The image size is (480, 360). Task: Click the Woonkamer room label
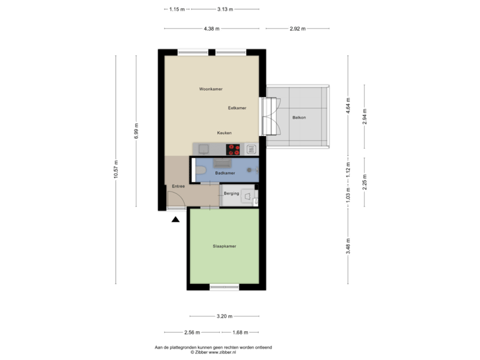click(210, 89)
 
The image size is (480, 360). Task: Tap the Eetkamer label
click(237, 107)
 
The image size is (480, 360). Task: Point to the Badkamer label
click(224, 173)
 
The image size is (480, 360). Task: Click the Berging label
click(231, 193)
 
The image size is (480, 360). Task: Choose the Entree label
click(178, 186)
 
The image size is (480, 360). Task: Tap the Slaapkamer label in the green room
click(225, 246)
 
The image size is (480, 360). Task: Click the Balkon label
click(299, 118)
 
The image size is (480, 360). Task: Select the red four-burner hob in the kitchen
click(233, 149)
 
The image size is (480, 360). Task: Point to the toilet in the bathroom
click(201, 174)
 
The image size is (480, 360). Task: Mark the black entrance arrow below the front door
click(175, 218)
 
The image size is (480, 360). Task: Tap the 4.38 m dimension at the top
click(212, 29)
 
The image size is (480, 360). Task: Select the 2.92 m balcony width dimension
click(297, 29)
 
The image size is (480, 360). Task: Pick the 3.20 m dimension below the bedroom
click(225, 316)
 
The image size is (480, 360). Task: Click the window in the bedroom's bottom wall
click(224, 287)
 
